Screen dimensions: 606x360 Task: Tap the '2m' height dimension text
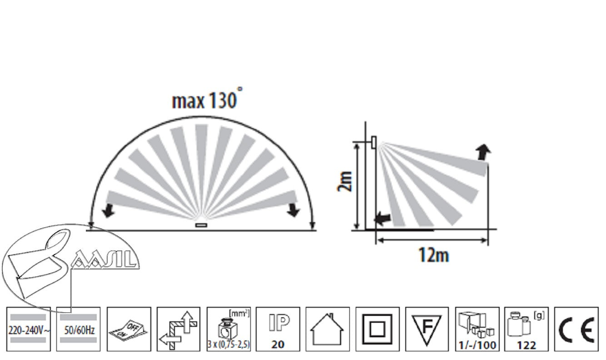(x=345, y=181)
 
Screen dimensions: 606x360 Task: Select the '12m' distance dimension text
(x=434, y=255)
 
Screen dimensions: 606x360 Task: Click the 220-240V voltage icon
(x=29, y=329)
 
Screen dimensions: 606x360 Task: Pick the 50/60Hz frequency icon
(x=78, y=329)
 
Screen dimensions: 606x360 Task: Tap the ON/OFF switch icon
(x=129, y=329)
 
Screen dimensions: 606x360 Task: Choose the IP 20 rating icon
(x=278, y=329)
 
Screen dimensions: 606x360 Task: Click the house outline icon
(x=328, y=329)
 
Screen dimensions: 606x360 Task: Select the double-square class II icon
(x=378, y=329)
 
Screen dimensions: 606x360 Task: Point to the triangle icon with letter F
(x=427, y=329)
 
